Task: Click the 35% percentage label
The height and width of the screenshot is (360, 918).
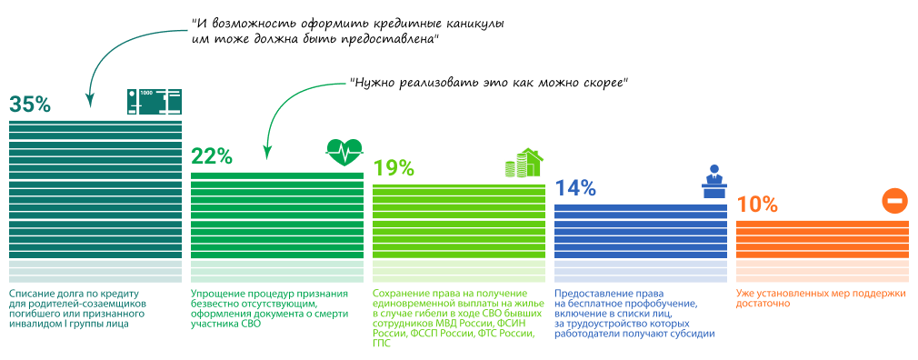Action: [30, 104]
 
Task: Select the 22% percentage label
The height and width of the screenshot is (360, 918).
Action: [212, 155]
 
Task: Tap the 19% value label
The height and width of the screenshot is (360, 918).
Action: [394, 168]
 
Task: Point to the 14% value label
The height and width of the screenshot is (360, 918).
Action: [575, 188]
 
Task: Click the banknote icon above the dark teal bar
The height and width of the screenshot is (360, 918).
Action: [154, 101]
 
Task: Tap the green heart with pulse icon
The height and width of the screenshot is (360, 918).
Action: [344, 153]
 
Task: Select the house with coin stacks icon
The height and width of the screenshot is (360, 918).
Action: [524, 163]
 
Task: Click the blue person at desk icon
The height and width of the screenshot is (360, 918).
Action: [713, 183]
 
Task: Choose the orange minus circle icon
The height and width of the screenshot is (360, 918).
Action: [894, 200]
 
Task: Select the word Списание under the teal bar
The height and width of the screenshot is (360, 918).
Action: [30, 294]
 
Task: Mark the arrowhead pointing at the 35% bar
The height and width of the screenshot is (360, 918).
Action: [91, 102]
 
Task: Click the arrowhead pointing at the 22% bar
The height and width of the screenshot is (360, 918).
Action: [267, 154]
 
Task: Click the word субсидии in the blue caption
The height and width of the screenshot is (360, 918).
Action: [697, 334]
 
